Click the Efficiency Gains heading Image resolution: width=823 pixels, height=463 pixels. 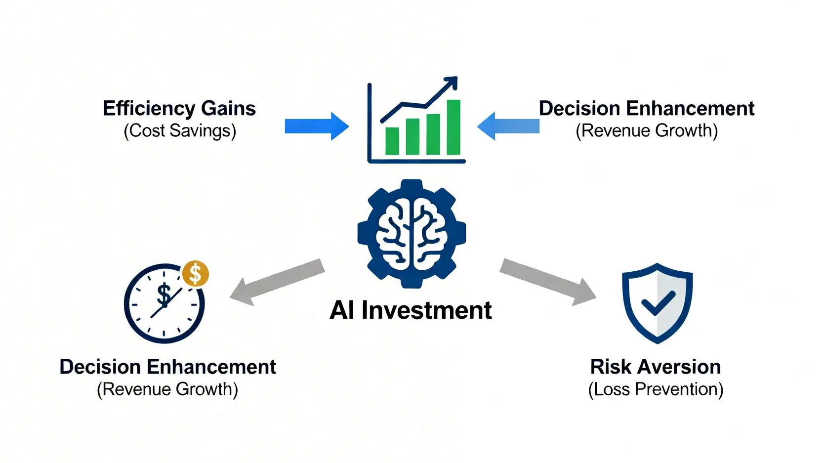tap(179, 108)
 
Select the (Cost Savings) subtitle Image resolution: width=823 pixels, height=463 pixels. tap(180, 131)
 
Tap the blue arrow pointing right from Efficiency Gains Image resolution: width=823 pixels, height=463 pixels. tap(316, 126)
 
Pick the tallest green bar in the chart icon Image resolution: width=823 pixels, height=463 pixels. tap(453, 127)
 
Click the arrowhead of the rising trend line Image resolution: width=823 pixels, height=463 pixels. tap(452, 83)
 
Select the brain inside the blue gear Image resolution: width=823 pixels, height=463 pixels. tap(411, 233)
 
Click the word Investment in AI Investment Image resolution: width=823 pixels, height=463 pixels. tap(426, 310)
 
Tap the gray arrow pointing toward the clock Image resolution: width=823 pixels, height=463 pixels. tap(277, 281)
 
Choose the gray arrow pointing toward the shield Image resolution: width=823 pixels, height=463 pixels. tap(548, 281)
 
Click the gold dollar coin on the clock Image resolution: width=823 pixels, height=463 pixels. tap(196, 273)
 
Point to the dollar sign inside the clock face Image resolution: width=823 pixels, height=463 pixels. tap(164, 295)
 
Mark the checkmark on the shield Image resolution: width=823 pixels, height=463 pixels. tap(658, 302)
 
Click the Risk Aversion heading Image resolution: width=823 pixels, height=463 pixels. tap(656, 367)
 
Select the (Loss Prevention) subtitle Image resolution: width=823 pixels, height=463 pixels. tap(656, 389)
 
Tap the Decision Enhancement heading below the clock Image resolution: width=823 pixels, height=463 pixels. tap(167, 367)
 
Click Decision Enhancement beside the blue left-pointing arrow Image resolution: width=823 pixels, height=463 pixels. tap(646, 108)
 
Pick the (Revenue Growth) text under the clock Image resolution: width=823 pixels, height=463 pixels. tap(167, 389)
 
